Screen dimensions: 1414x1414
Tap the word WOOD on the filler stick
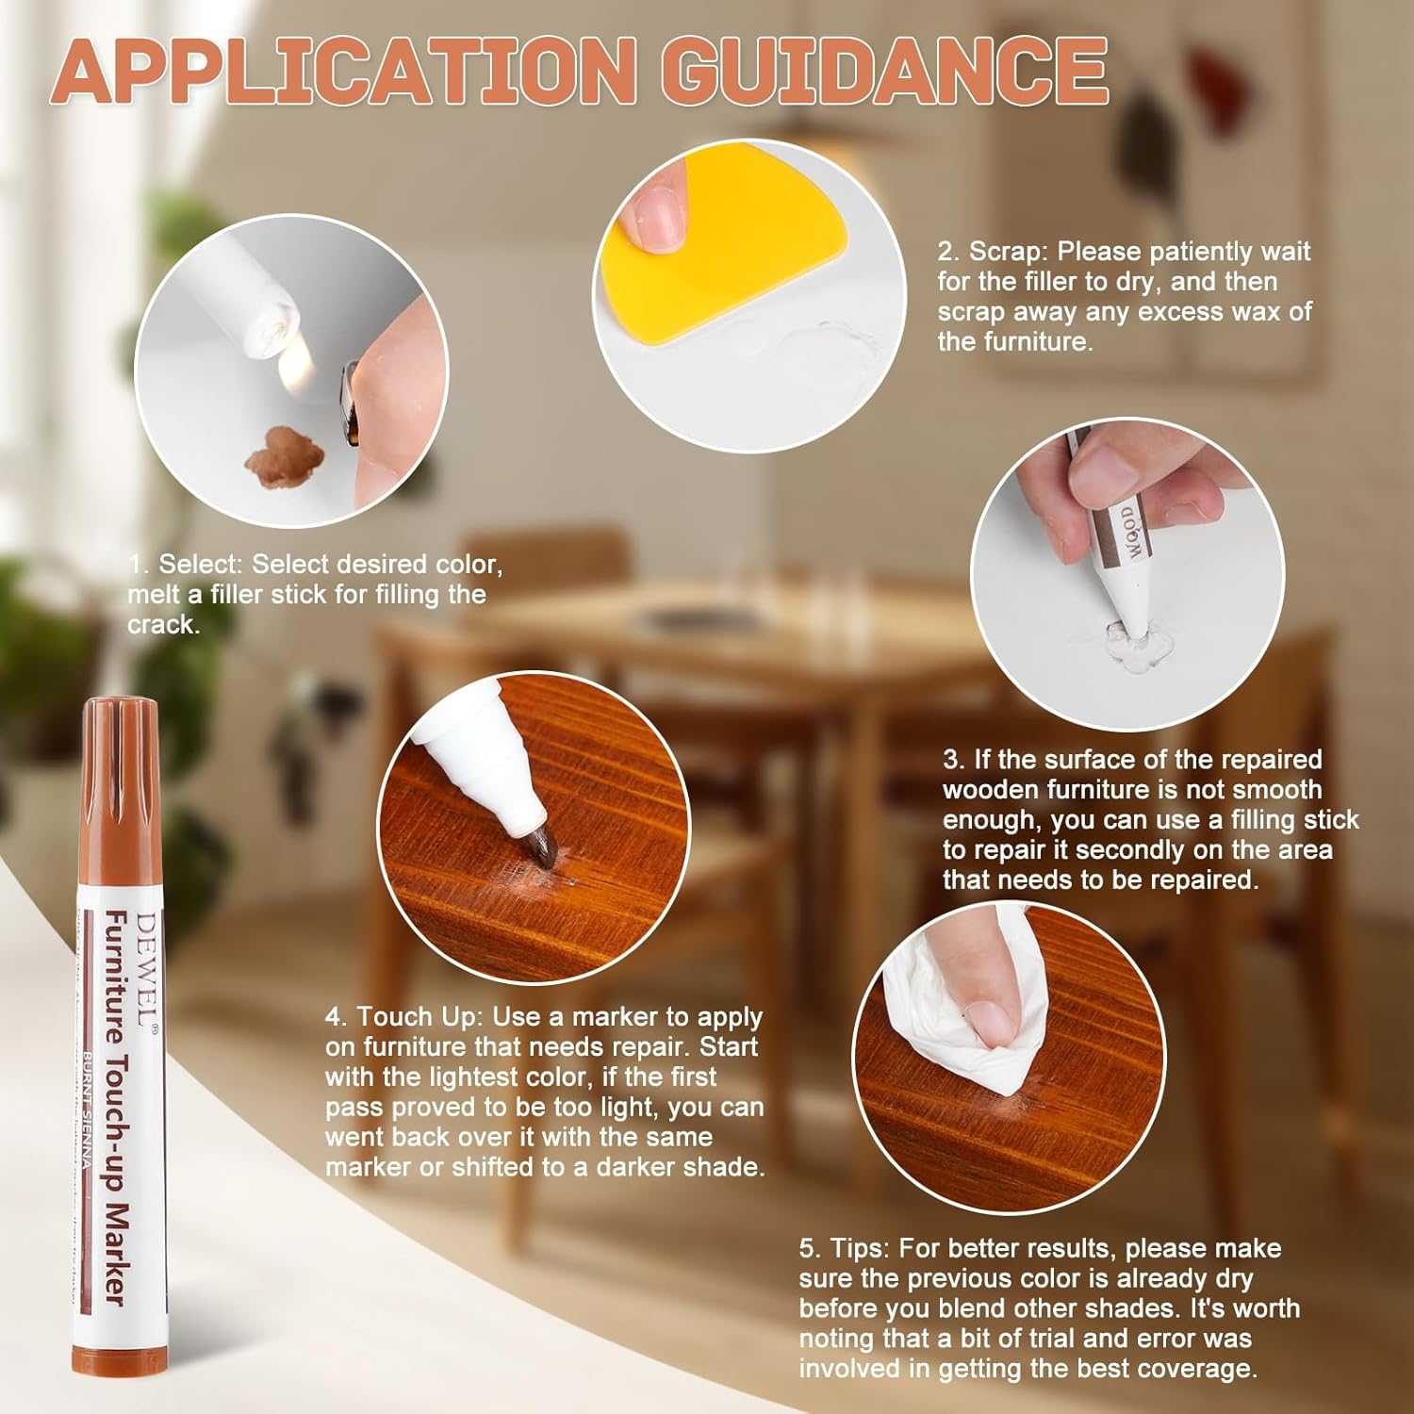pyautogui.click(x=1128, y=534)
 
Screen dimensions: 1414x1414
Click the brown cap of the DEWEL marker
pyautogui.click(x=122, y=745)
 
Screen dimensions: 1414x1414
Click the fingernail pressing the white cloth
pyautogui.click(x=989, y=1023)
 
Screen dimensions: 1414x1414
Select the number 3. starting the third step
pyautogui.click(x=954, y=760)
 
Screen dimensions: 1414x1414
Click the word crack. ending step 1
pyautogui.click(x=164, y=625)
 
